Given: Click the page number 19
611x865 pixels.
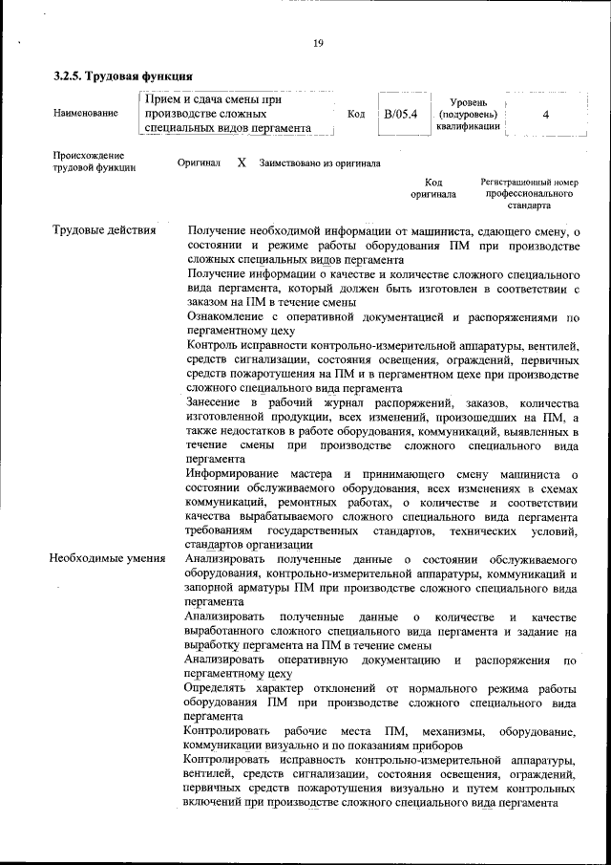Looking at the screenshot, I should [x=318, y=41].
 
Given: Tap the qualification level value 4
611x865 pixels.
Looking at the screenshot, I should [x=545, y=115].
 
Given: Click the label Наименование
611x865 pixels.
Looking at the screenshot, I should [x=87, y=114].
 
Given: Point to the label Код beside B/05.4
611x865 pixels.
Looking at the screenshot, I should [x=356, y=115].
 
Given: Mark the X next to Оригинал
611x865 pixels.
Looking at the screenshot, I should [x=242, y=162].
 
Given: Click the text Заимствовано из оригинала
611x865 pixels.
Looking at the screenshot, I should [x=320, y=163].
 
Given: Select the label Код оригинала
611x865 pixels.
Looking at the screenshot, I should [x=433, y=188].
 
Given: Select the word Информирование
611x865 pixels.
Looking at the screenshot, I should [x=233, y=475].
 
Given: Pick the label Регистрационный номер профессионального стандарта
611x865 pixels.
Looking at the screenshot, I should [x=529, y=193].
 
